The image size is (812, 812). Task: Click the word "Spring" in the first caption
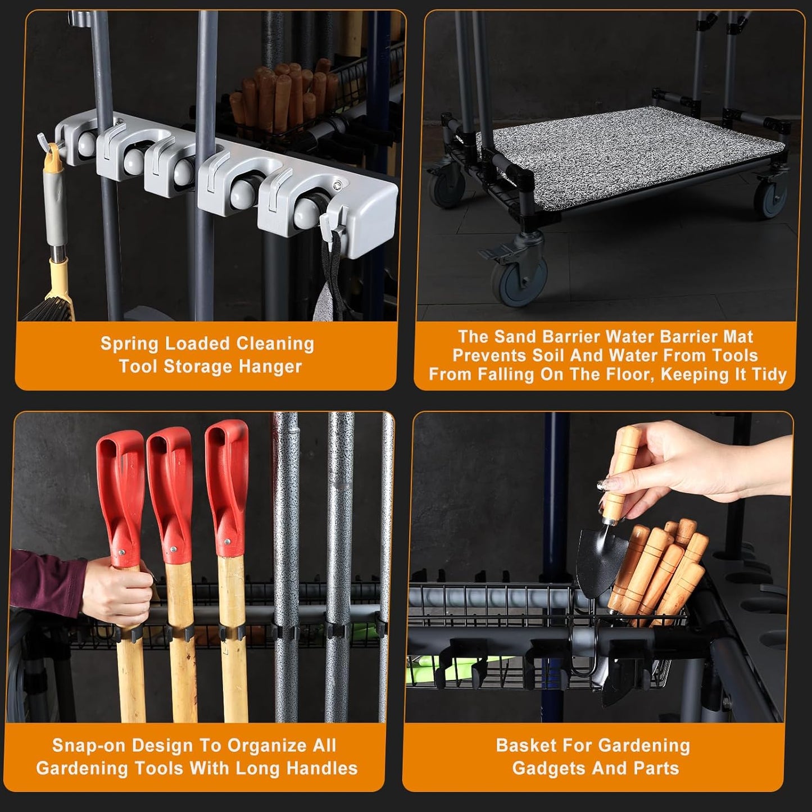point(126,344)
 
